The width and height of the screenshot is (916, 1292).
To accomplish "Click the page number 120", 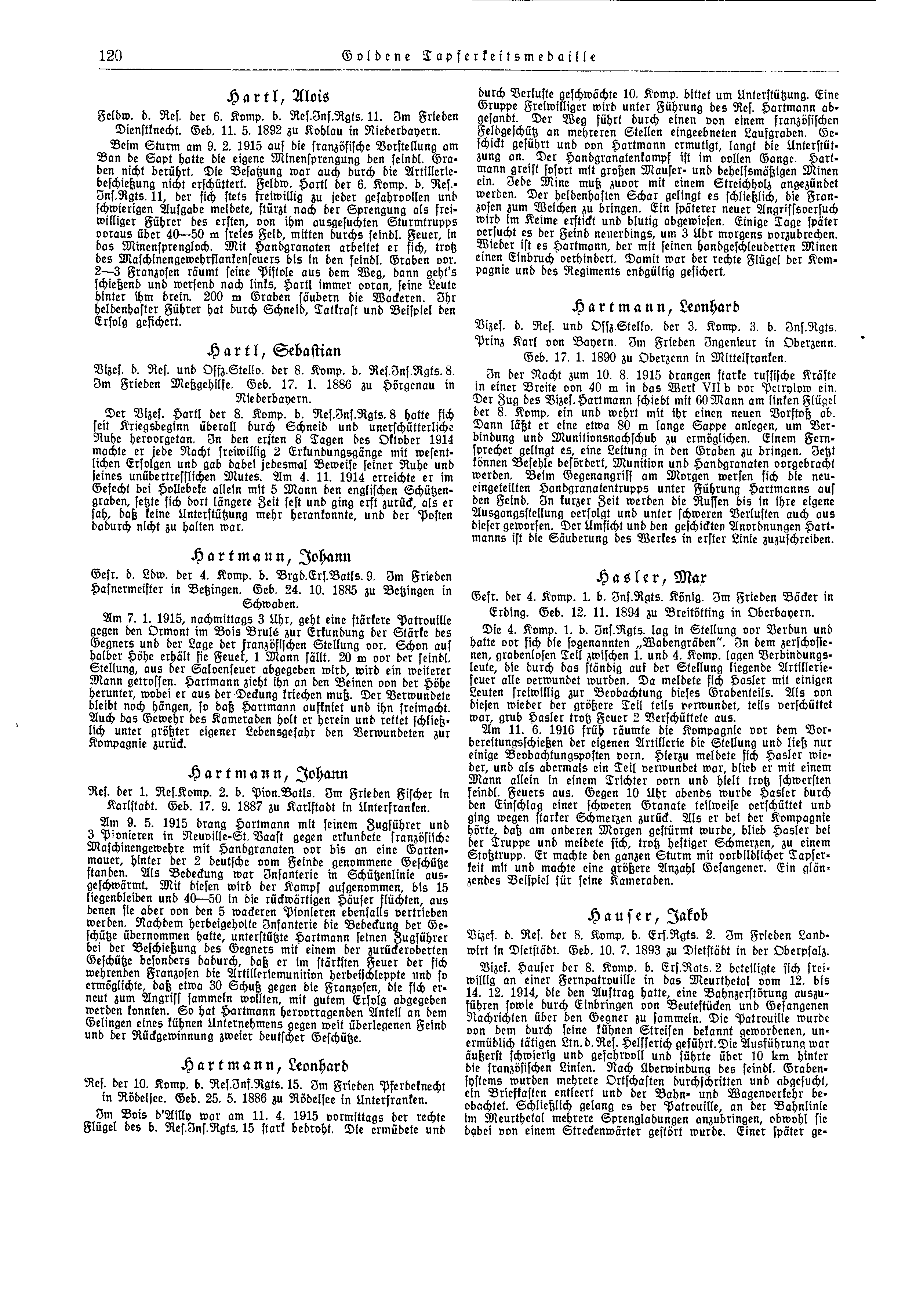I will click(x=110, y=57).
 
